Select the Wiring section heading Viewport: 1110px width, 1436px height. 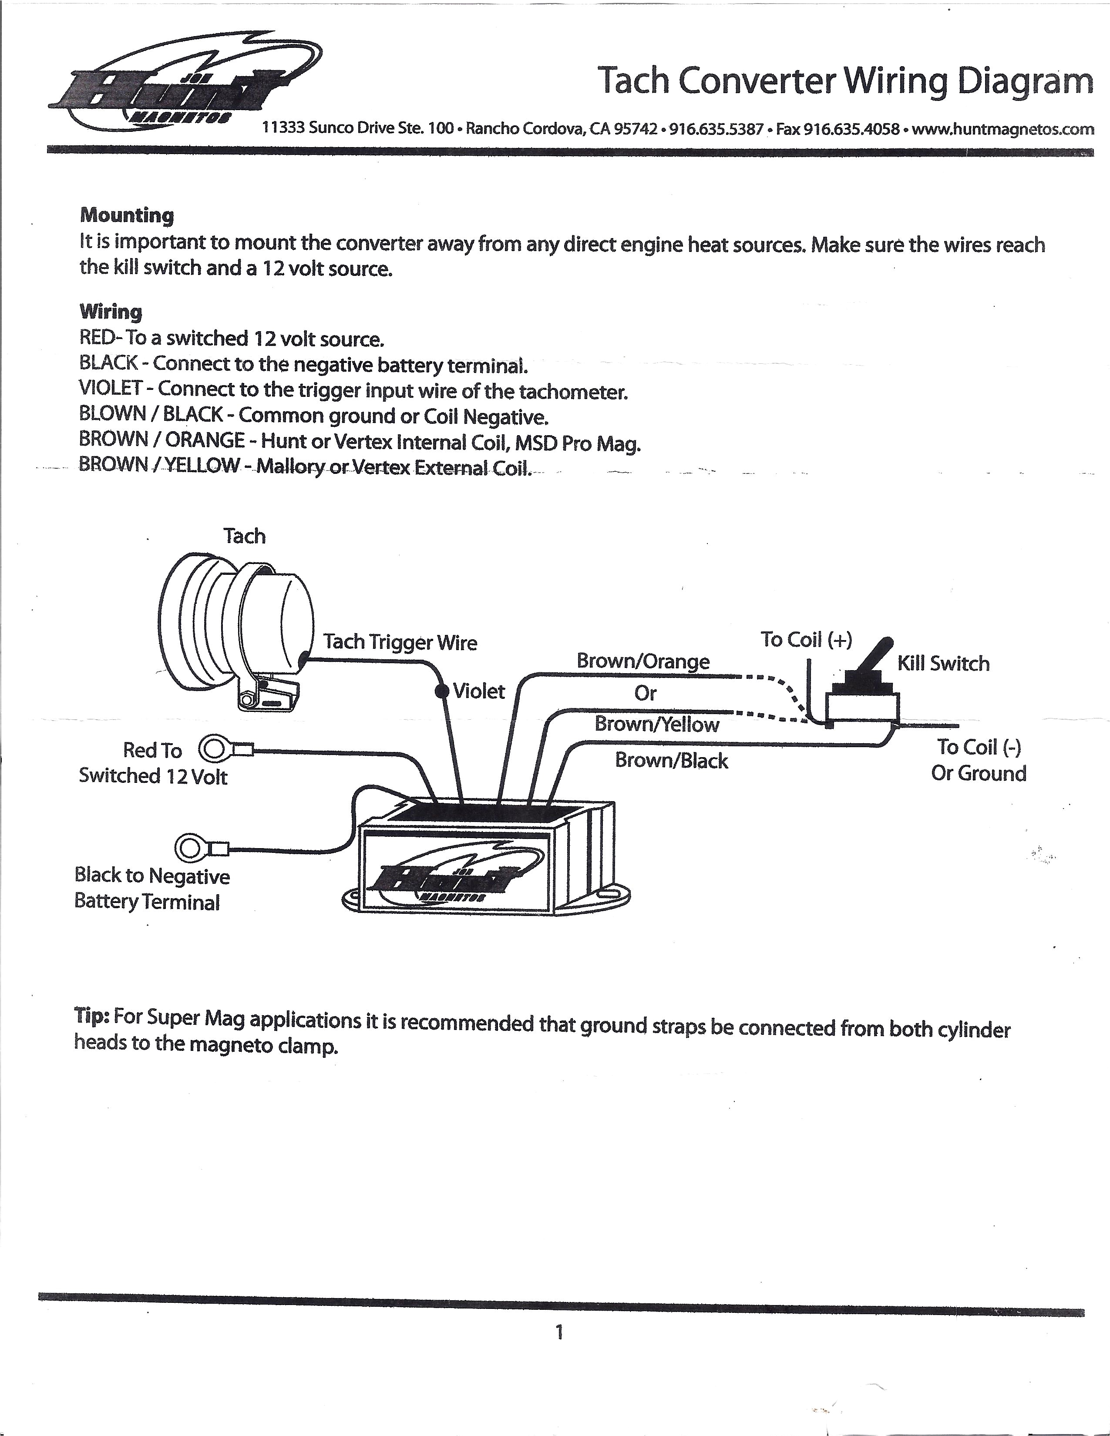click(111, 311)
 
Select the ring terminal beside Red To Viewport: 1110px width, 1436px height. click(214, 749)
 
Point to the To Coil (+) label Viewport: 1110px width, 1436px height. click(806, 639)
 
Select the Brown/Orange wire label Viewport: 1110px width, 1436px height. click(642, 661)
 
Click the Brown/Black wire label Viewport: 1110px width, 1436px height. click(671, 761)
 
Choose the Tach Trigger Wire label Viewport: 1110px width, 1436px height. click(400, 642)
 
